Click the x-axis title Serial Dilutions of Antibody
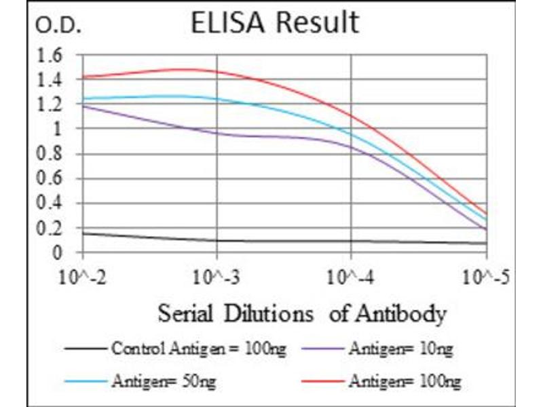tap(302, 314)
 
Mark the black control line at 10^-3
tap(217, 240)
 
